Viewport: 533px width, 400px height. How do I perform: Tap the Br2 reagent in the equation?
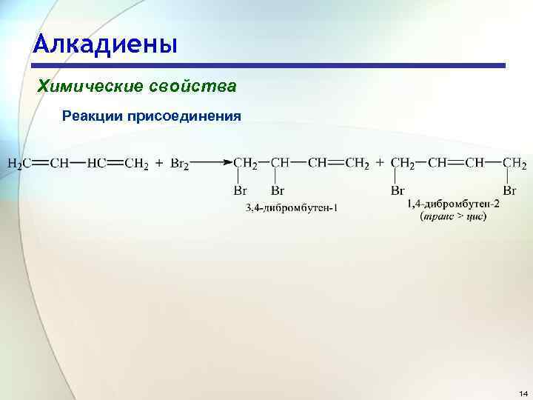coord(179,164)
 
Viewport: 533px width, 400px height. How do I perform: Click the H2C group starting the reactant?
coord(19,164)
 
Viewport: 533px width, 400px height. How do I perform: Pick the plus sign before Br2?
coord(158,164)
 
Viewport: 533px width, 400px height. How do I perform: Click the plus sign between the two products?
coord(380,164)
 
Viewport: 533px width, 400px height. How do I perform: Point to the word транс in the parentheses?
coord(437,216)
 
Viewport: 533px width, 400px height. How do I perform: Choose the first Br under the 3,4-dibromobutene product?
coord(241,191)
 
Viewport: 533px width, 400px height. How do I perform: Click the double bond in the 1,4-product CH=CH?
coord(453,163)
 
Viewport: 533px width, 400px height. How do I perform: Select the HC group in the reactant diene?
coord(95,164)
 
